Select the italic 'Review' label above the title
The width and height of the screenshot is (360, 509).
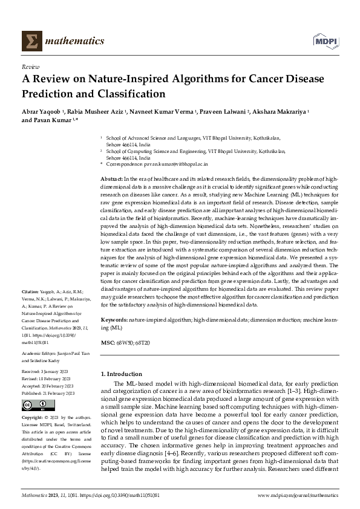point(30,68)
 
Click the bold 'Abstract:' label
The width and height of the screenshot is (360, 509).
point(111,180)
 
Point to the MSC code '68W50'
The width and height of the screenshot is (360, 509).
point(124,342)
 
